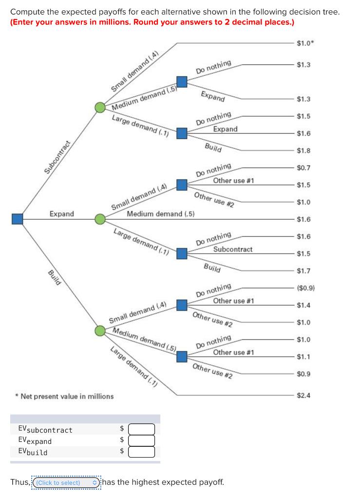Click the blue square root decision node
[x=18, y=219]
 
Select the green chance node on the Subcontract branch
[x=100, y=107]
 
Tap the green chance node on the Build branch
[x=100, y=331]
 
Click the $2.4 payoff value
[x=303, y=395]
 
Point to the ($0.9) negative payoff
[x=305, y=288]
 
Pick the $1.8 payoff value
[x=303, y=151]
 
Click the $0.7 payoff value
[x=303, y=168]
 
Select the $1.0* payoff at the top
[x=305, y=44]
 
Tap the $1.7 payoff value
[x=303, y=271]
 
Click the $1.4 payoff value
[x=303, y=306]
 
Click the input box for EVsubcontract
[x=142, y=429]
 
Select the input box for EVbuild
[x=142, y=451]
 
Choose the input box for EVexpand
[x=142, y=441]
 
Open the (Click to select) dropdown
[x=66, y=482]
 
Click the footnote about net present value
[x=65, y=396]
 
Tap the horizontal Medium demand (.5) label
[x=161, y=214]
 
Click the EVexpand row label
[x=35, y=441]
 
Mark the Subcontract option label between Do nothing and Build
[x=232, y=249]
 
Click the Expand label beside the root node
[x=62, y=214]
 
